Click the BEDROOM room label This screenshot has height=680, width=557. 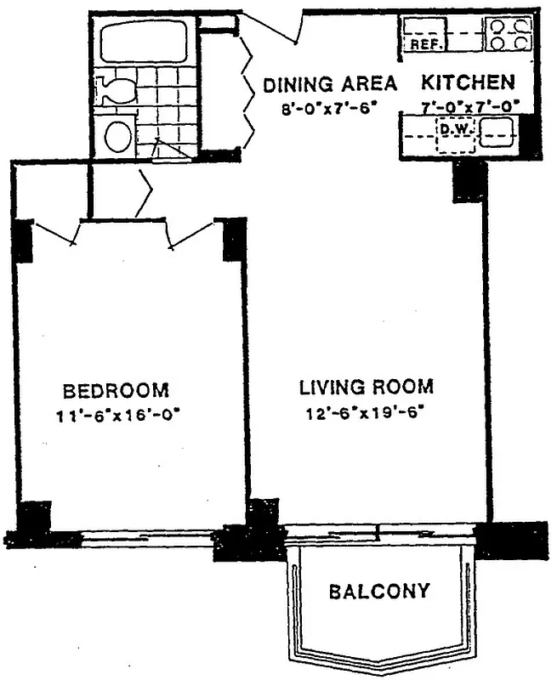pyautogui.click(x=117, y=391)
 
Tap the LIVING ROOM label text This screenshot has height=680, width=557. pyautogui.click(x=367, y=388)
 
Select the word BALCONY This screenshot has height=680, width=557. pyautogui.click(x=379, y=591)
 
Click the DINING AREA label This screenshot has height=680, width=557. pyautogui.click(x=329, y=83)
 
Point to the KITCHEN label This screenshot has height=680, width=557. pyautogui.click(x=469, y=82)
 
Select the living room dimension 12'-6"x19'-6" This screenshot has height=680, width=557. pyautogui.click(x=367, y=414)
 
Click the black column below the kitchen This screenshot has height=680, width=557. pyautogui.click(x=469, y=181)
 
